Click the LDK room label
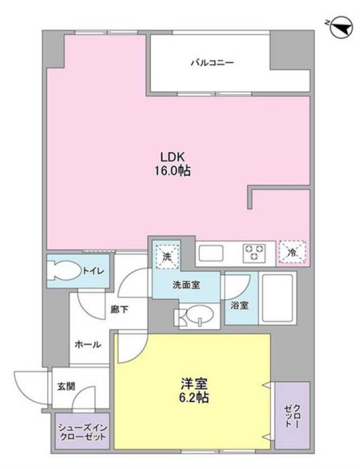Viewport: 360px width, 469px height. point(175,157)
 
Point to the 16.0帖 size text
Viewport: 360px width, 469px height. point(175,170)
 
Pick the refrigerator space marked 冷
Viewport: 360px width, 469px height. point(291,251)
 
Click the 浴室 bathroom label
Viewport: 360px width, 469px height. point(240,306)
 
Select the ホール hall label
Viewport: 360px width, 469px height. point(87,344)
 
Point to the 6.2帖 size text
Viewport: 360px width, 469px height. point(194,399)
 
